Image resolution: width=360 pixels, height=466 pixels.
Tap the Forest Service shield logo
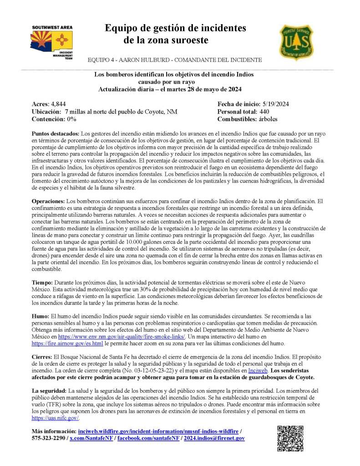coord(296,42)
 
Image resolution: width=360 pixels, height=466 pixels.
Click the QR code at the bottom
coord(290,438)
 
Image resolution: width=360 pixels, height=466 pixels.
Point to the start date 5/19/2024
coord(278,104)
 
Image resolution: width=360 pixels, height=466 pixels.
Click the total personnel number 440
coord(266,112)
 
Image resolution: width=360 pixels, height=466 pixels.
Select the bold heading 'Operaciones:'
coord(48,201)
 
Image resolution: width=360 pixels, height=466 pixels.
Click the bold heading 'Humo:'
coord(41,316)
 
